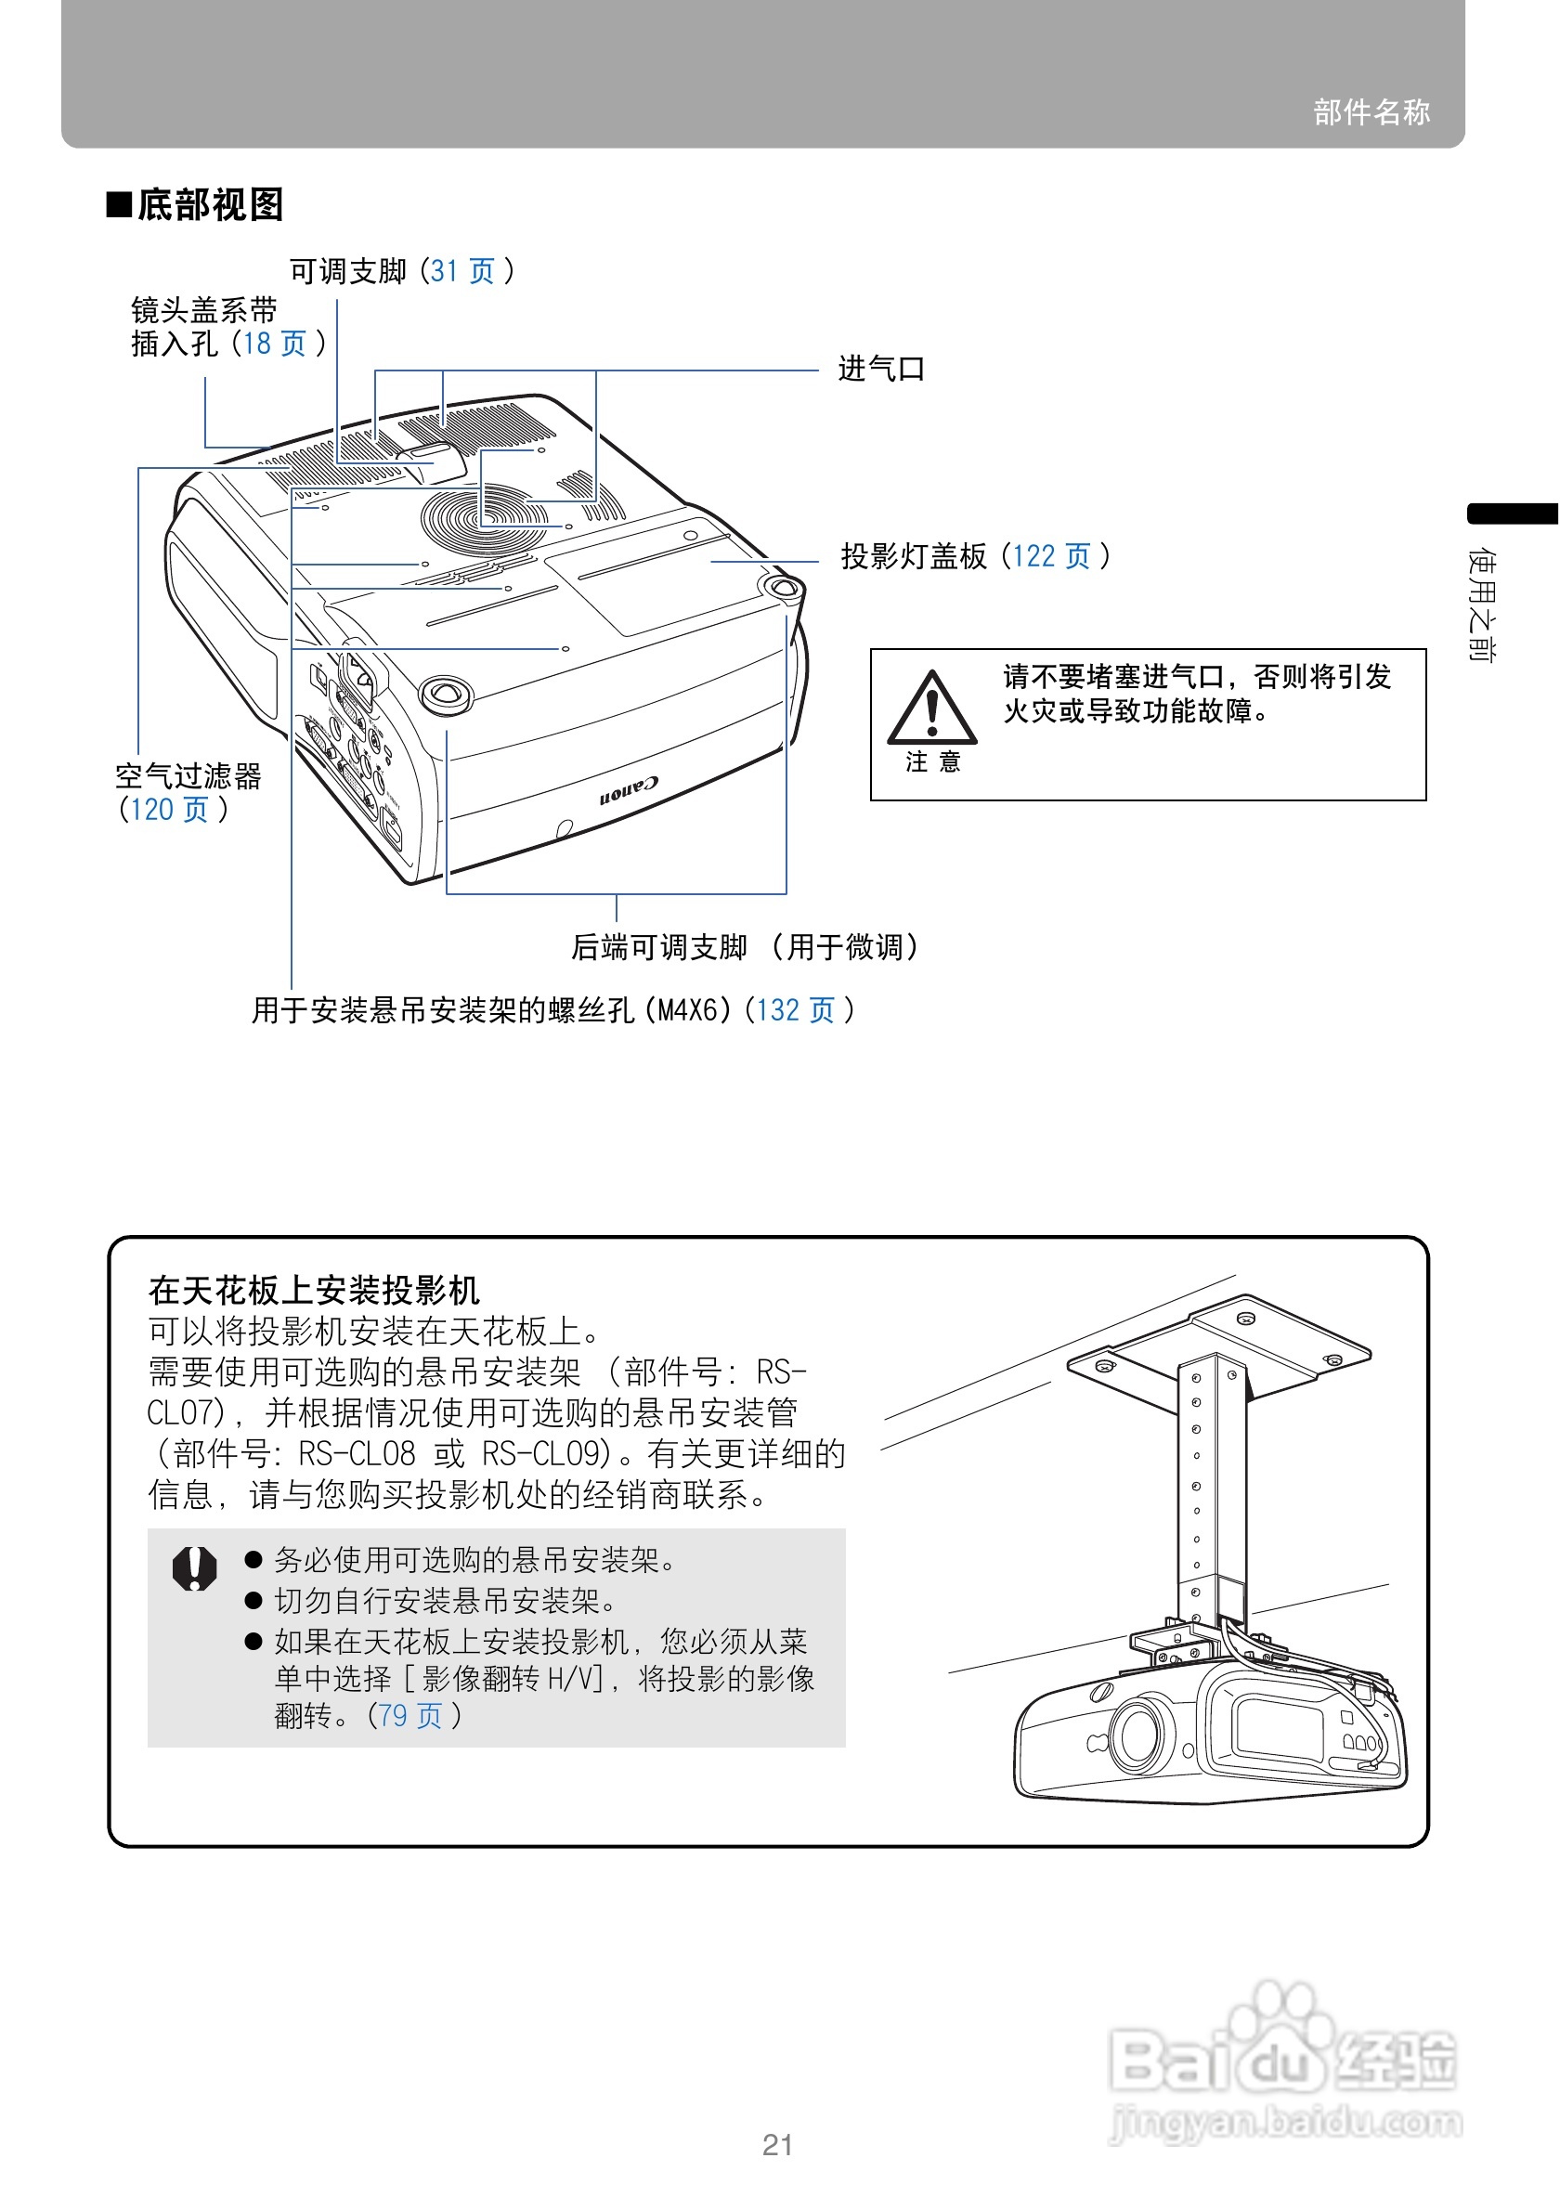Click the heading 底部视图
(209, 205)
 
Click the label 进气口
(879, 369)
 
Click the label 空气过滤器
(188, 775)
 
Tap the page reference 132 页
(795, 1009)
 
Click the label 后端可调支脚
(659, 947)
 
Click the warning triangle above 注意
(930, 708)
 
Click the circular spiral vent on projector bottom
(484, 517)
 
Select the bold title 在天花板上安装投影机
(314, 1290)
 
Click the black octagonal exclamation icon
(194, 1569)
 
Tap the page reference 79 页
(410, 1715)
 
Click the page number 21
(777, 2146)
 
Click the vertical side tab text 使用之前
(1482, 604)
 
